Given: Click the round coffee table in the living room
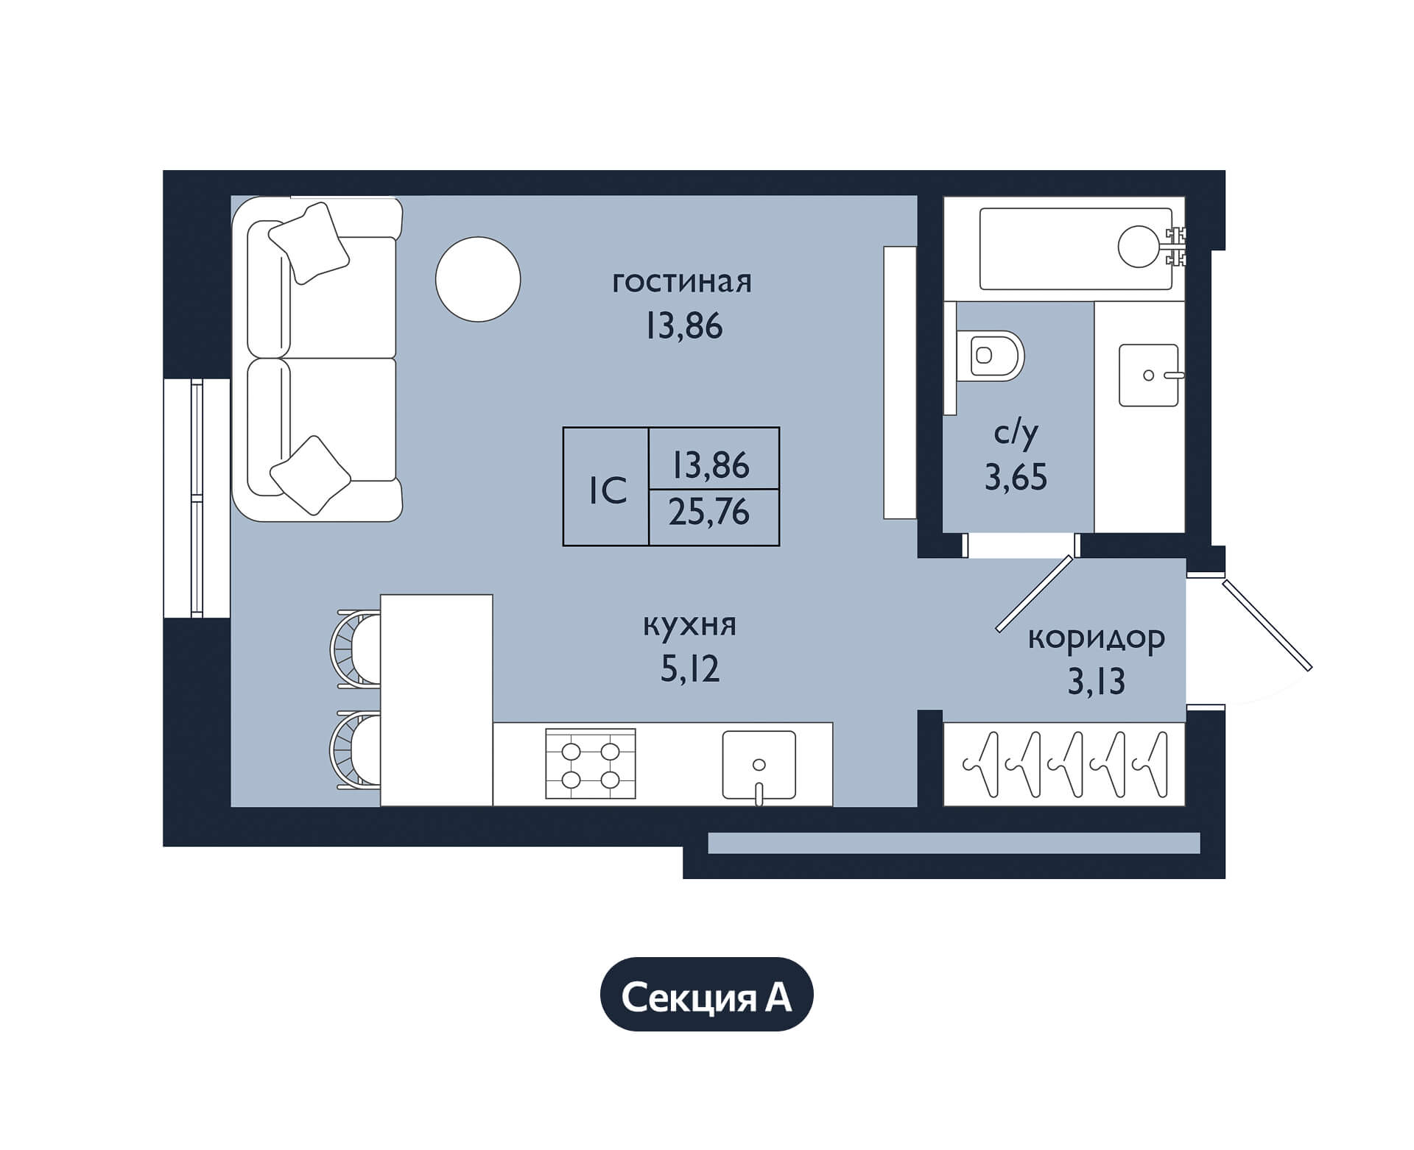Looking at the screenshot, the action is (478, 279).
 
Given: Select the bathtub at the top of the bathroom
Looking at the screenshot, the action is (1075, 249).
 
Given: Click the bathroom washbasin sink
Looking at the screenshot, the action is (1149, 375).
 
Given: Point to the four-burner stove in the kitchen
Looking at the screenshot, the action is (591, 763).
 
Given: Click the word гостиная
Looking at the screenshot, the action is (682, 283).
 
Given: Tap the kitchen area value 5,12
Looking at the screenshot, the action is (690, 670).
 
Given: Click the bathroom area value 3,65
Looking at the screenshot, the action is (1016, 478).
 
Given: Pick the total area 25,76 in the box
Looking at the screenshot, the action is (709, 512).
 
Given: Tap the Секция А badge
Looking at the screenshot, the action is (707, 998).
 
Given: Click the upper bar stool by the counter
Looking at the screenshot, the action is (355, 649).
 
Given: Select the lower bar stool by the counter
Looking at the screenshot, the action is (355, 750).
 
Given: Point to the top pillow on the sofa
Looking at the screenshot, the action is (309, 243).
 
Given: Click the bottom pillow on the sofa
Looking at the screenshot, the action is (311, 476).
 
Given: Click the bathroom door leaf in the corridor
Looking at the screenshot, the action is (1035, 593).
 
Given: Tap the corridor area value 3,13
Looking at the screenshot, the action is (1097, 682).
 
